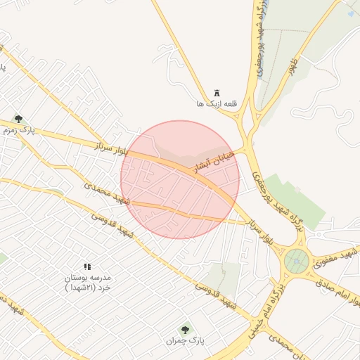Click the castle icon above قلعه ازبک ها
(x=217, y=93)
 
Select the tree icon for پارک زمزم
(x=18, y=119)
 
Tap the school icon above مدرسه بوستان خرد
(x=88, y=266)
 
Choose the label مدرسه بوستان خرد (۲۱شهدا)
(x=88, y=283)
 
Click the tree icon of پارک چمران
(x=186, y=329)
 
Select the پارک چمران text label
(x=185, y=340)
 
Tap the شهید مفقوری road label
(x=336, y=258)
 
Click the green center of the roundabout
(x=297, y=262)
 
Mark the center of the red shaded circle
(x=180, y=180)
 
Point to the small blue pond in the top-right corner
(x=350, y=13)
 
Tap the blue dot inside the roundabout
(x=297, y=262)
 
